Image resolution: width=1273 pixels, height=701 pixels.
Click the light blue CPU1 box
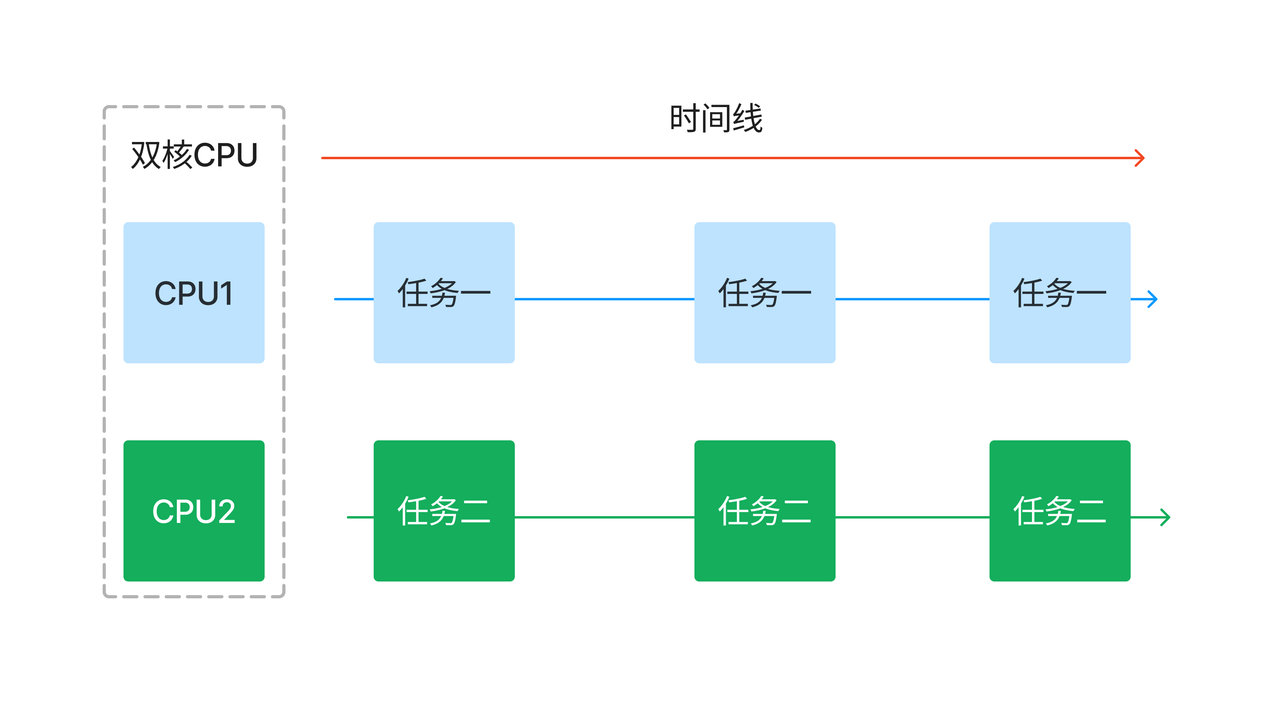click(194, 293)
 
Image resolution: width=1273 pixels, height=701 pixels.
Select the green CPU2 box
click(194, 511)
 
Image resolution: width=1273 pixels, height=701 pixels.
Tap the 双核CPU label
click(194, 155)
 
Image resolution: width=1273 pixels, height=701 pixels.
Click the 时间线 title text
click(716, 119)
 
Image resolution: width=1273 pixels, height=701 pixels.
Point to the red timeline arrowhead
click(1141, 158)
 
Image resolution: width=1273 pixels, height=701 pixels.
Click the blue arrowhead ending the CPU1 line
click(1152, 299)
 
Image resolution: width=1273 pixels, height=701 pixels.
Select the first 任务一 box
click(444, 293)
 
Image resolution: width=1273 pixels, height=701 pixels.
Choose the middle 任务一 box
click(765, 293)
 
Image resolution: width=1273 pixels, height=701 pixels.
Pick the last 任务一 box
click(1060, 293)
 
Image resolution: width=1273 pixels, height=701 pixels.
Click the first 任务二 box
click(444, 511)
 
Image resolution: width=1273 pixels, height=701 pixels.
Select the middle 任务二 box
click(765, 511)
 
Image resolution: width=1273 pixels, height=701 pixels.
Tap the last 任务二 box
click(1060, 511)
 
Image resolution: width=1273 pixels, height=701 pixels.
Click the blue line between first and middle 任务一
click(604, 299)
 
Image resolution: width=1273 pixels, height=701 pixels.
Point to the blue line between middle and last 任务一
click(912, 299)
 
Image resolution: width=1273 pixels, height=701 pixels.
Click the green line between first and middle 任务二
click(604, 517)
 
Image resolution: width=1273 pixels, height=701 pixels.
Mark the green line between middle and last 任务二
click(912, 517)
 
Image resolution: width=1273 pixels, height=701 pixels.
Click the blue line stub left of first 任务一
click(354, 299)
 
